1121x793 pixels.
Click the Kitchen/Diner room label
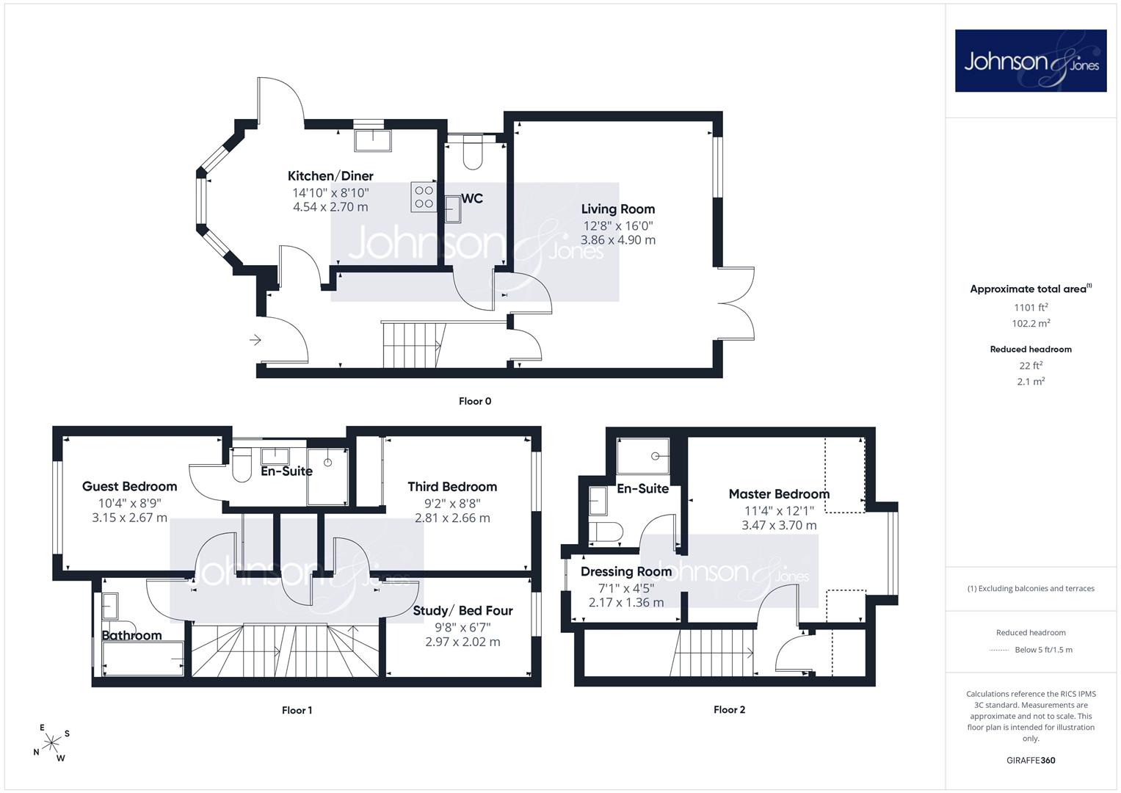[330, 176]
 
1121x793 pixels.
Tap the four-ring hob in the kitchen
[424, 197]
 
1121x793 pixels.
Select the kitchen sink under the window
[374, 140]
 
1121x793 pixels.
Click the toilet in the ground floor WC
[473, 152]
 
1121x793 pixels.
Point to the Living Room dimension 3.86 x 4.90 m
[618, 240]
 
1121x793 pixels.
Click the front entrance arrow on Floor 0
[255, 341]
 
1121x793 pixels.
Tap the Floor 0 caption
[475, 401]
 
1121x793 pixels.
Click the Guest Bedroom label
[130, 486]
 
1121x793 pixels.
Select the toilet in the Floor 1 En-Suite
[242, 466]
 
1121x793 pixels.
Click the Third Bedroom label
[452, 487]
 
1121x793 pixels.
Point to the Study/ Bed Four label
[463, 611]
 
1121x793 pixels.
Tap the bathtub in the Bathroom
[143, 659]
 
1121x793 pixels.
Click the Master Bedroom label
[779, 494]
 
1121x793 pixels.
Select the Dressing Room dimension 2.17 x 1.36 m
[626, 603]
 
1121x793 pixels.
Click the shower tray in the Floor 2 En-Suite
[643, 456]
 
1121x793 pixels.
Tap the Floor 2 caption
[729, 709]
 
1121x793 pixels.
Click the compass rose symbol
[51, 743]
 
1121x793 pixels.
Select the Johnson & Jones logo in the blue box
[1031, 60]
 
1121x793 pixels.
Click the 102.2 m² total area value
[1031, 323]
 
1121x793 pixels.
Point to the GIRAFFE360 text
[1031, 761]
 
